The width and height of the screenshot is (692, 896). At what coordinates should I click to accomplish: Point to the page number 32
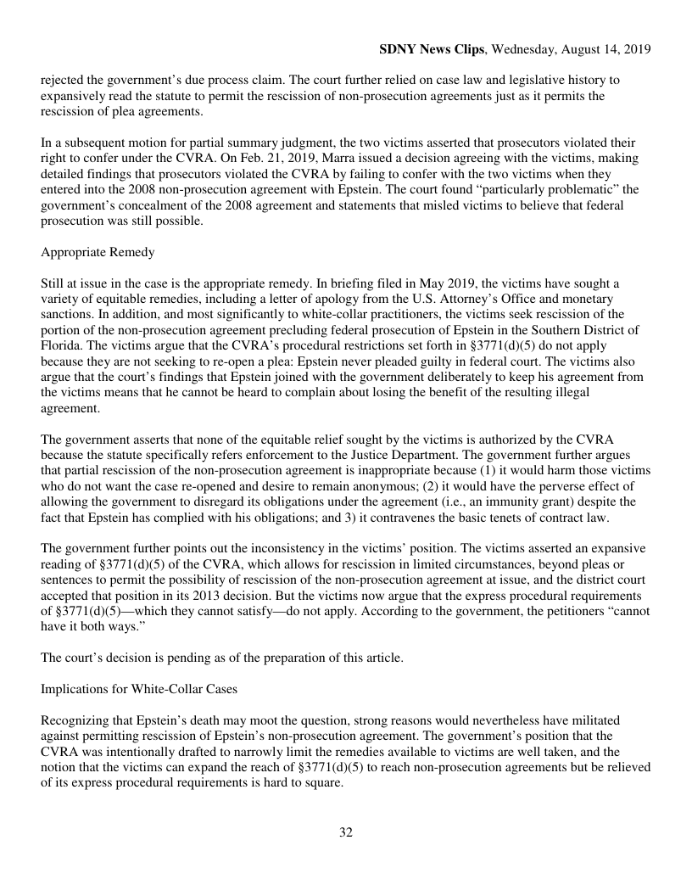point(346,832)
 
